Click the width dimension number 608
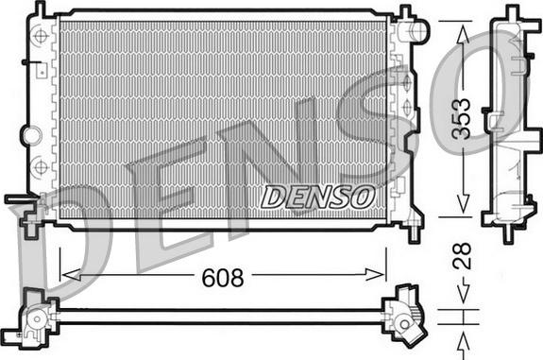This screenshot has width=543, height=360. (x=223, y=278)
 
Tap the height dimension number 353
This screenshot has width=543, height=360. (x=461, y=119)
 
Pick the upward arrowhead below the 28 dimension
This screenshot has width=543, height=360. (x=462, y=335)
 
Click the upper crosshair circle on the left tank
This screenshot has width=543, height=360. (x=41, y=37)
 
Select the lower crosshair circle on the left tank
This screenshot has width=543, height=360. (x=41, y=167)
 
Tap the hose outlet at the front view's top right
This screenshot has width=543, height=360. (x=416, y=31)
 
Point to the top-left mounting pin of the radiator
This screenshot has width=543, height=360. (x=41, y=9)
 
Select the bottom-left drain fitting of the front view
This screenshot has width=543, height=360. (x=23, y=210)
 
